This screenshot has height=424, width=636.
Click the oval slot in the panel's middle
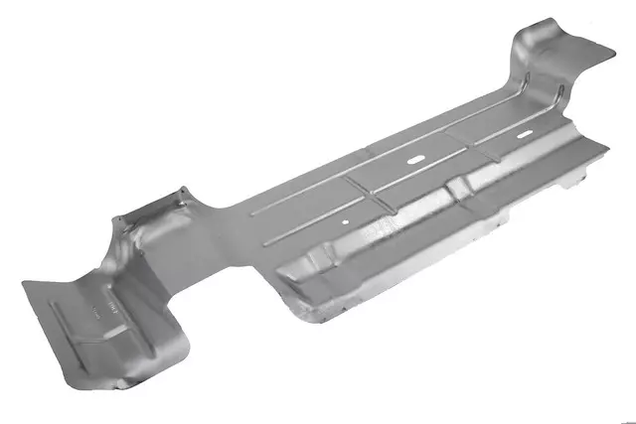click(413, 159)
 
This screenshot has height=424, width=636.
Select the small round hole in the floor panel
click(344, 222)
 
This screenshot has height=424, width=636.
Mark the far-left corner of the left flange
click(23, 284)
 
